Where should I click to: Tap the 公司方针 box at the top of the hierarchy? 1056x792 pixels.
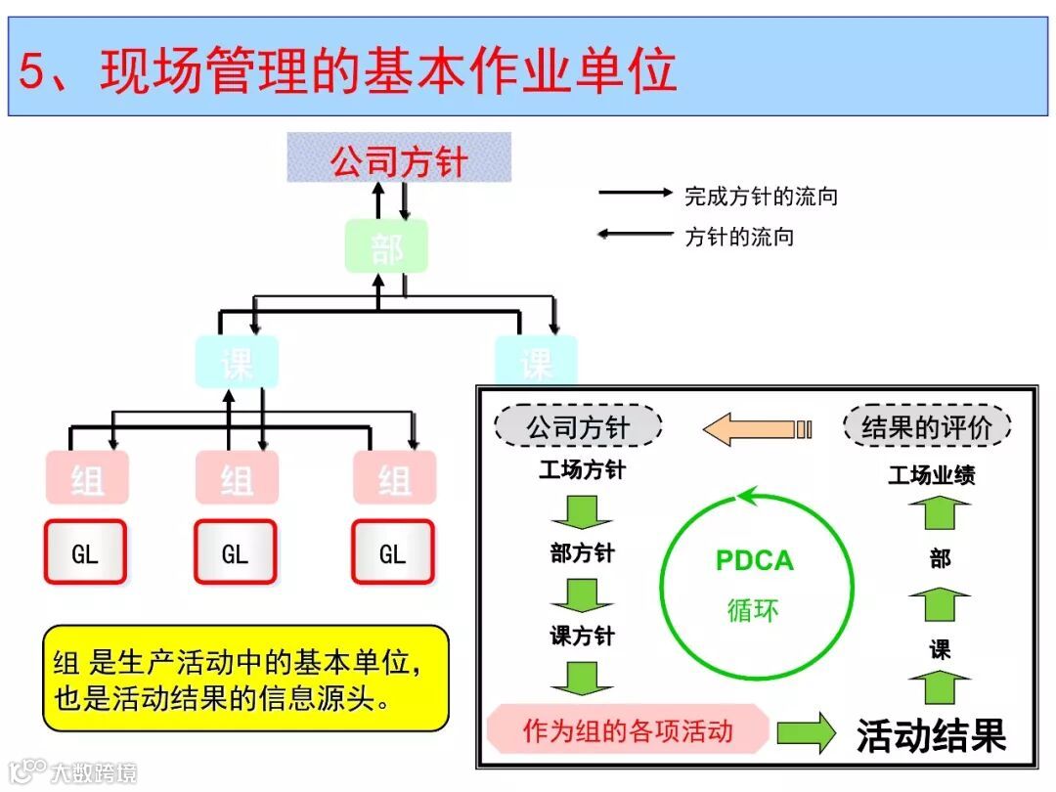[399, 159]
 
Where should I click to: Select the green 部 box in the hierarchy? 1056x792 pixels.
[386, 246]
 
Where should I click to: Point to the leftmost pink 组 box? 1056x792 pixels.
[86, 478]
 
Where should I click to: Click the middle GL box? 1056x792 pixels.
[235, 553]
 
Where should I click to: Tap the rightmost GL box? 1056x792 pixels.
[392, 553]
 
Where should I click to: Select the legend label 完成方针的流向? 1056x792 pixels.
[761, 197]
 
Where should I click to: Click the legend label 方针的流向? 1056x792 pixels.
[738, 236]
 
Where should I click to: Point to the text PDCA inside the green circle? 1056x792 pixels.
[755, 561]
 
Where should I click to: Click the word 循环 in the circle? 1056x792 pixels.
[754, 609]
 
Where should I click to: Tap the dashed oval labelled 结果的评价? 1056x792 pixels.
[926, 426]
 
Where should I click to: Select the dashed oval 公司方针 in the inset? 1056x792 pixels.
[578, 426]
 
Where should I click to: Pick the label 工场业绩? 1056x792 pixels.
[931, 476]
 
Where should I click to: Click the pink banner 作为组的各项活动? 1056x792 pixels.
[628, 730]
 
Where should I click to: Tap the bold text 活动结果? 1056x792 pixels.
[930, 735]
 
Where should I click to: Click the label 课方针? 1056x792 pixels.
[582, 637]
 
